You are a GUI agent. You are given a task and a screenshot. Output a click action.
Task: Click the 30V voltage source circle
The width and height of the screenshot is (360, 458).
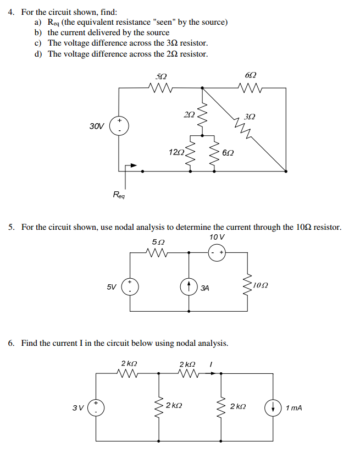tap(119, 126)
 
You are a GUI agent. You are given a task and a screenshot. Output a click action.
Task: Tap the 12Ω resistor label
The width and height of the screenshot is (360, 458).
tap(177, 151)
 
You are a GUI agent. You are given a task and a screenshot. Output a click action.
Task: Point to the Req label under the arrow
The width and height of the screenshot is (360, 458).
tap(119, 194)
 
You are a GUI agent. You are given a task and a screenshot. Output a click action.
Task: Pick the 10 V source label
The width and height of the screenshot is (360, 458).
tap(217, 237)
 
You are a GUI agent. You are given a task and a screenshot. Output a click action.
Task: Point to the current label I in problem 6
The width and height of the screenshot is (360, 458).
tap(212, 363)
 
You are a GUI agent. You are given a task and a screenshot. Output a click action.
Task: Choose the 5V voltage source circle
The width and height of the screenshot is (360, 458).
tap(130, 287)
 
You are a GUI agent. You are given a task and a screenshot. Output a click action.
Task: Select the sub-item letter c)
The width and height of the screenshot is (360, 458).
tap(38, 43)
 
